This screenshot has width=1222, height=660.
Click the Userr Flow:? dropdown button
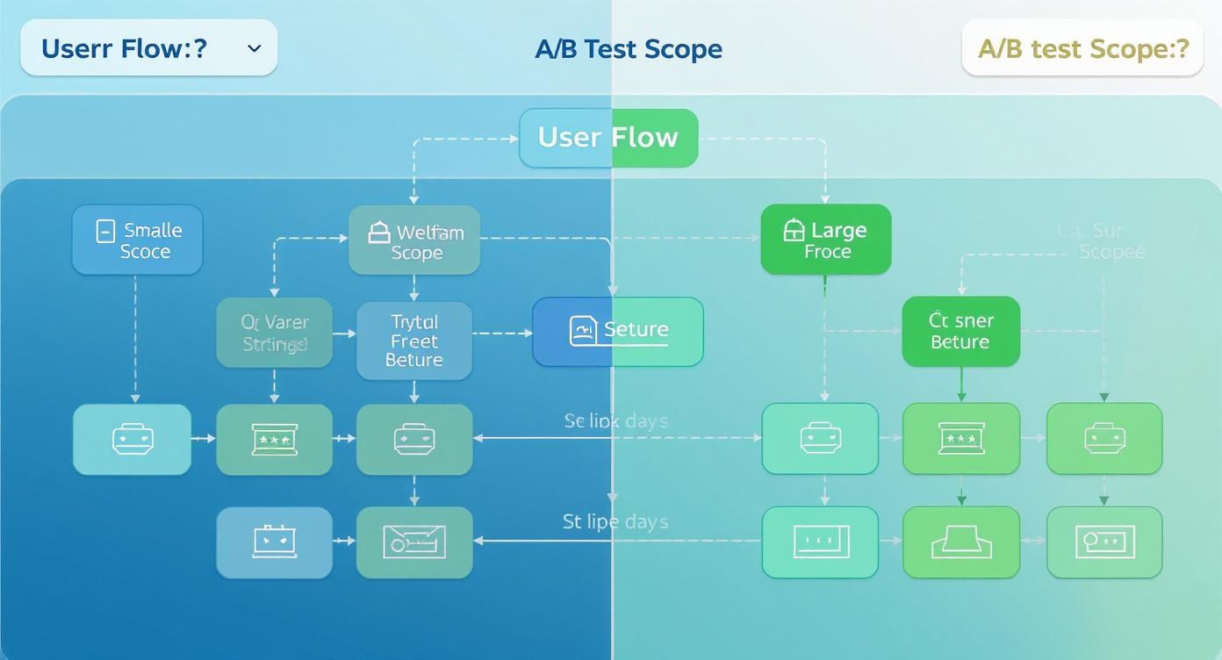pos(148,48)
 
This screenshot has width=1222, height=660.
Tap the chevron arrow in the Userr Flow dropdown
pos(255,48)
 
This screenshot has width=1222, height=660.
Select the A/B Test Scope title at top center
pos(629,49)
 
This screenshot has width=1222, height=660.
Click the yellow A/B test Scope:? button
pos(1082,48)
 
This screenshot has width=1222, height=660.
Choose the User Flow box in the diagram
pos(608,138)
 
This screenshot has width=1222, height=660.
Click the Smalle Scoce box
pos(137,240)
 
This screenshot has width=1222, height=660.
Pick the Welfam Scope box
pos(414,241)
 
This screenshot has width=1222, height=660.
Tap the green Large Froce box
pos(825,240)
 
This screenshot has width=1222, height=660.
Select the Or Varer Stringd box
pos(275,334)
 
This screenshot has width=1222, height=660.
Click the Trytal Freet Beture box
pos(414,341)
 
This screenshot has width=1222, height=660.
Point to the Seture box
pos(618,331)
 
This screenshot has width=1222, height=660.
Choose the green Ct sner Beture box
pos(960,331)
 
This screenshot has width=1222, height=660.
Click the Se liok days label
pos(615,421)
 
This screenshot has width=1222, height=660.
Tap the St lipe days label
pos(615,522)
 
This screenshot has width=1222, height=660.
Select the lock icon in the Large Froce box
pos(793,230)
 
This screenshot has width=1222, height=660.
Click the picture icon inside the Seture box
pos(584,331)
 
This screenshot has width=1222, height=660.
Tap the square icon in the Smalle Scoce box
pos(104,231)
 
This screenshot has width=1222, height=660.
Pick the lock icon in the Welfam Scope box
pos(378,232)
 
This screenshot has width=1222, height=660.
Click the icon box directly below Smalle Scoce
pos(132,440)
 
